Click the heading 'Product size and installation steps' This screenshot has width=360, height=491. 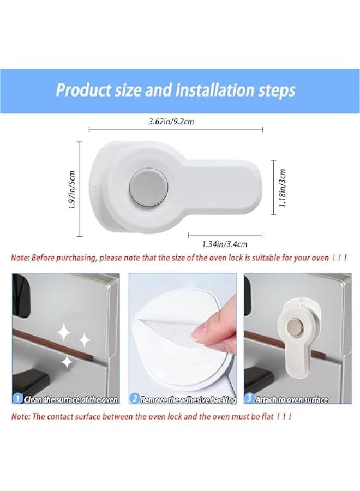(x=176, y=89)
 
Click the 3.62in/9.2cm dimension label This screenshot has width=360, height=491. (x=171, y=122)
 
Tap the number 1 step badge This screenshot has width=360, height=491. (x=17, y=399)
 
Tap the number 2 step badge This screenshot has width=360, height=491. (x=134, y=399)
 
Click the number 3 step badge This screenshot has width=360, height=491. (x=249, y=399)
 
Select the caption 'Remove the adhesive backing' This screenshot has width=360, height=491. (x=188, y=399)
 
